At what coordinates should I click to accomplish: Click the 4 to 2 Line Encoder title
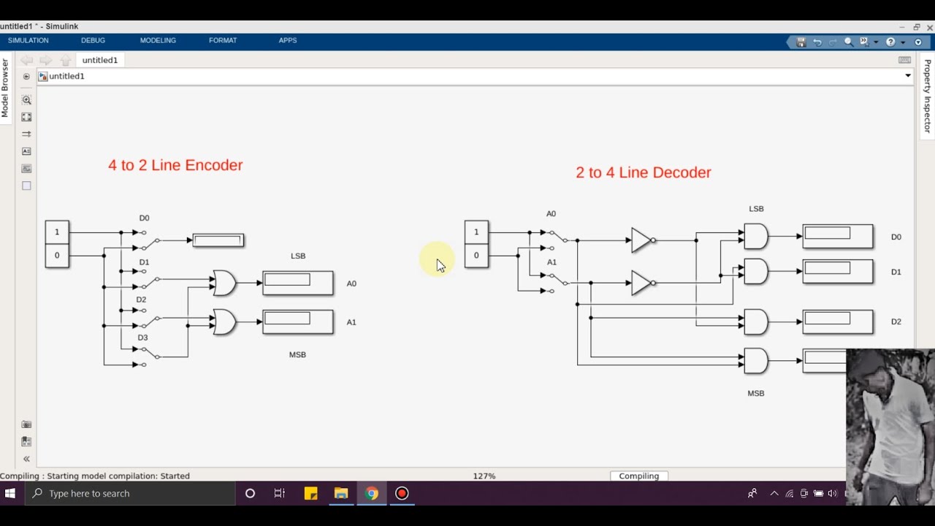(175, 165)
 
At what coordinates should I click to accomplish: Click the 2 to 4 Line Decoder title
(643, 172)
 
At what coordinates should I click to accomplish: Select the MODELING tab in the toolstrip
(158, 40)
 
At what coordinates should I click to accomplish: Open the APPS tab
(287, 40)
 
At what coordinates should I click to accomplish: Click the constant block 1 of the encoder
(57, 232)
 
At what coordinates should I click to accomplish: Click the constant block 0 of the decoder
(476, 256)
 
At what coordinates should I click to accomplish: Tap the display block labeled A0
(297, 283)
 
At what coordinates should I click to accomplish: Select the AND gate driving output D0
(756, 236)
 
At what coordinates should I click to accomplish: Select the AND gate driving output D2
(756, 321)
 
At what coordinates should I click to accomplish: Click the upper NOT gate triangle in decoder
(641, 240)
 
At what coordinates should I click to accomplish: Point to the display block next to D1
(837, 272)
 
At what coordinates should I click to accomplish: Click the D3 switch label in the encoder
(143, 338)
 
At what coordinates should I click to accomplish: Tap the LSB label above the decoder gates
(756, 209)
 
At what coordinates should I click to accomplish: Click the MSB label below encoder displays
(297, 354)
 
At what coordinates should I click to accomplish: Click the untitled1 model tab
(99, 60)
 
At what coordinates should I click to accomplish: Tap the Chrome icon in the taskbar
(372, 493)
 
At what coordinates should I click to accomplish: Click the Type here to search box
(131, 493)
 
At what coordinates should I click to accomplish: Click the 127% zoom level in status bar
(484, 476)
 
